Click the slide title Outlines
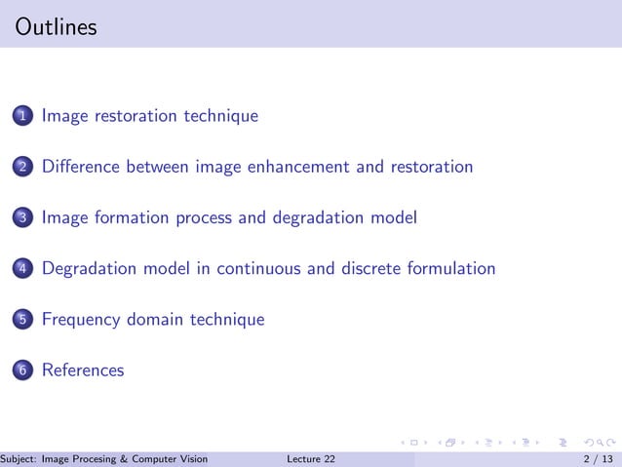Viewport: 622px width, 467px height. point(57,27)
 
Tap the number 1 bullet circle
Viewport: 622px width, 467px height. point(22,117)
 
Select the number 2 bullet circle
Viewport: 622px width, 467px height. point(22,168)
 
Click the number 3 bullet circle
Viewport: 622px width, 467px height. point(22,218)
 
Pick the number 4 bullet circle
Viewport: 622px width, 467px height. point(22,269)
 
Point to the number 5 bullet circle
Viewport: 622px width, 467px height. point(22,320)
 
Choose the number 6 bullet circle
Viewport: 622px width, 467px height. point(22,370)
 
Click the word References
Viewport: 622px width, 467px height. point(83,370)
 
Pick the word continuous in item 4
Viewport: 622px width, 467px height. point(258,268)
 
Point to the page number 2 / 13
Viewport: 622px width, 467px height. point(598,459)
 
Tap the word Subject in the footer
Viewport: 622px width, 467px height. point(19,459)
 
